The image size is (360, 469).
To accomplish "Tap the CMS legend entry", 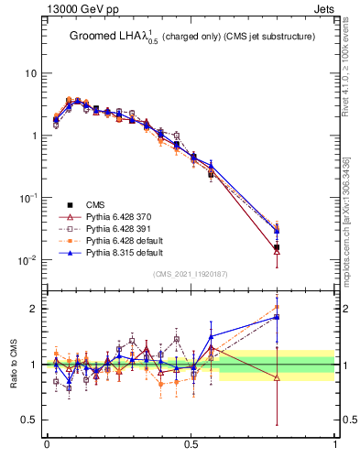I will pyautogui.click(x=94, y=204).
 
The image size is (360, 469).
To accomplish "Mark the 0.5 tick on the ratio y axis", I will pyautogui.click(x=29, y=420).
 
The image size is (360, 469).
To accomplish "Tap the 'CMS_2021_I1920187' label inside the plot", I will pyautogui.click(x=191, y=274).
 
